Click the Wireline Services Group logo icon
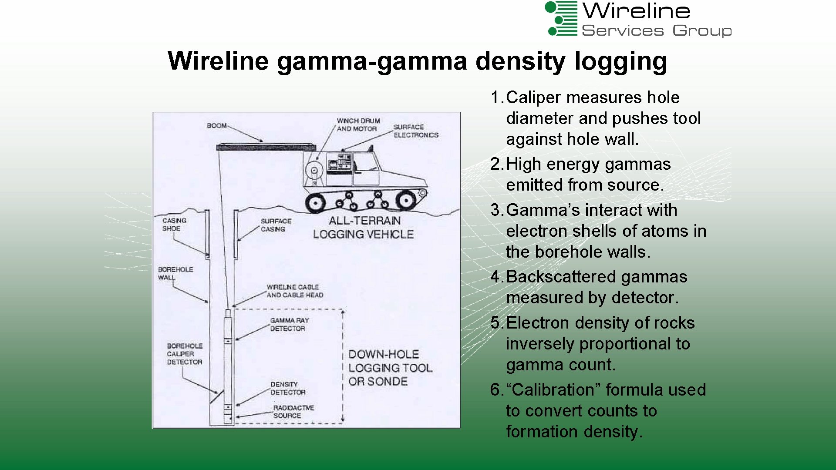click(x=562, y=19)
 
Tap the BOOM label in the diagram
click(x=217, y=126)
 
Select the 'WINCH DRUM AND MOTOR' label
click(x=358, y=124)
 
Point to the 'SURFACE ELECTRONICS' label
click(x=415, y=131)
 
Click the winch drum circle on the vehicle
click(x=313, y=171)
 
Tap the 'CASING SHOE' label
click(x=174, y=225)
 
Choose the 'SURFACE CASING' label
click(x=276, y=225)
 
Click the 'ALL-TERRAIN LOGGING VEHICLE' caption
click(x=363, y=228)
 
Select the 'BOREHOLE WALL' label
click(x=175, y=273)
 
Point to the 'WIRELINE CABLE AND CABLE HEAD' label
click(x=294, y=291)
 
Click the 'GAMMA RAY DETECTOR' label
click(x=289, y=324)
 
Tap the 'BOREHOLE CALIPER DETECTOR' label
click(x=185, y=354)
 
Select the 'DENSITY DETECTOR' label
click(x=287, y=388)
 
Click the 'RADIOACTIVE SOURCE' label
click(x=293, y=412)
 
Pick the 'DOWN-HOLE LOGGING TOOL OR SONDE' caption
click(x=390, y=368)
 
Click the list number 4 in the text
click(x=496, y=277)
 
